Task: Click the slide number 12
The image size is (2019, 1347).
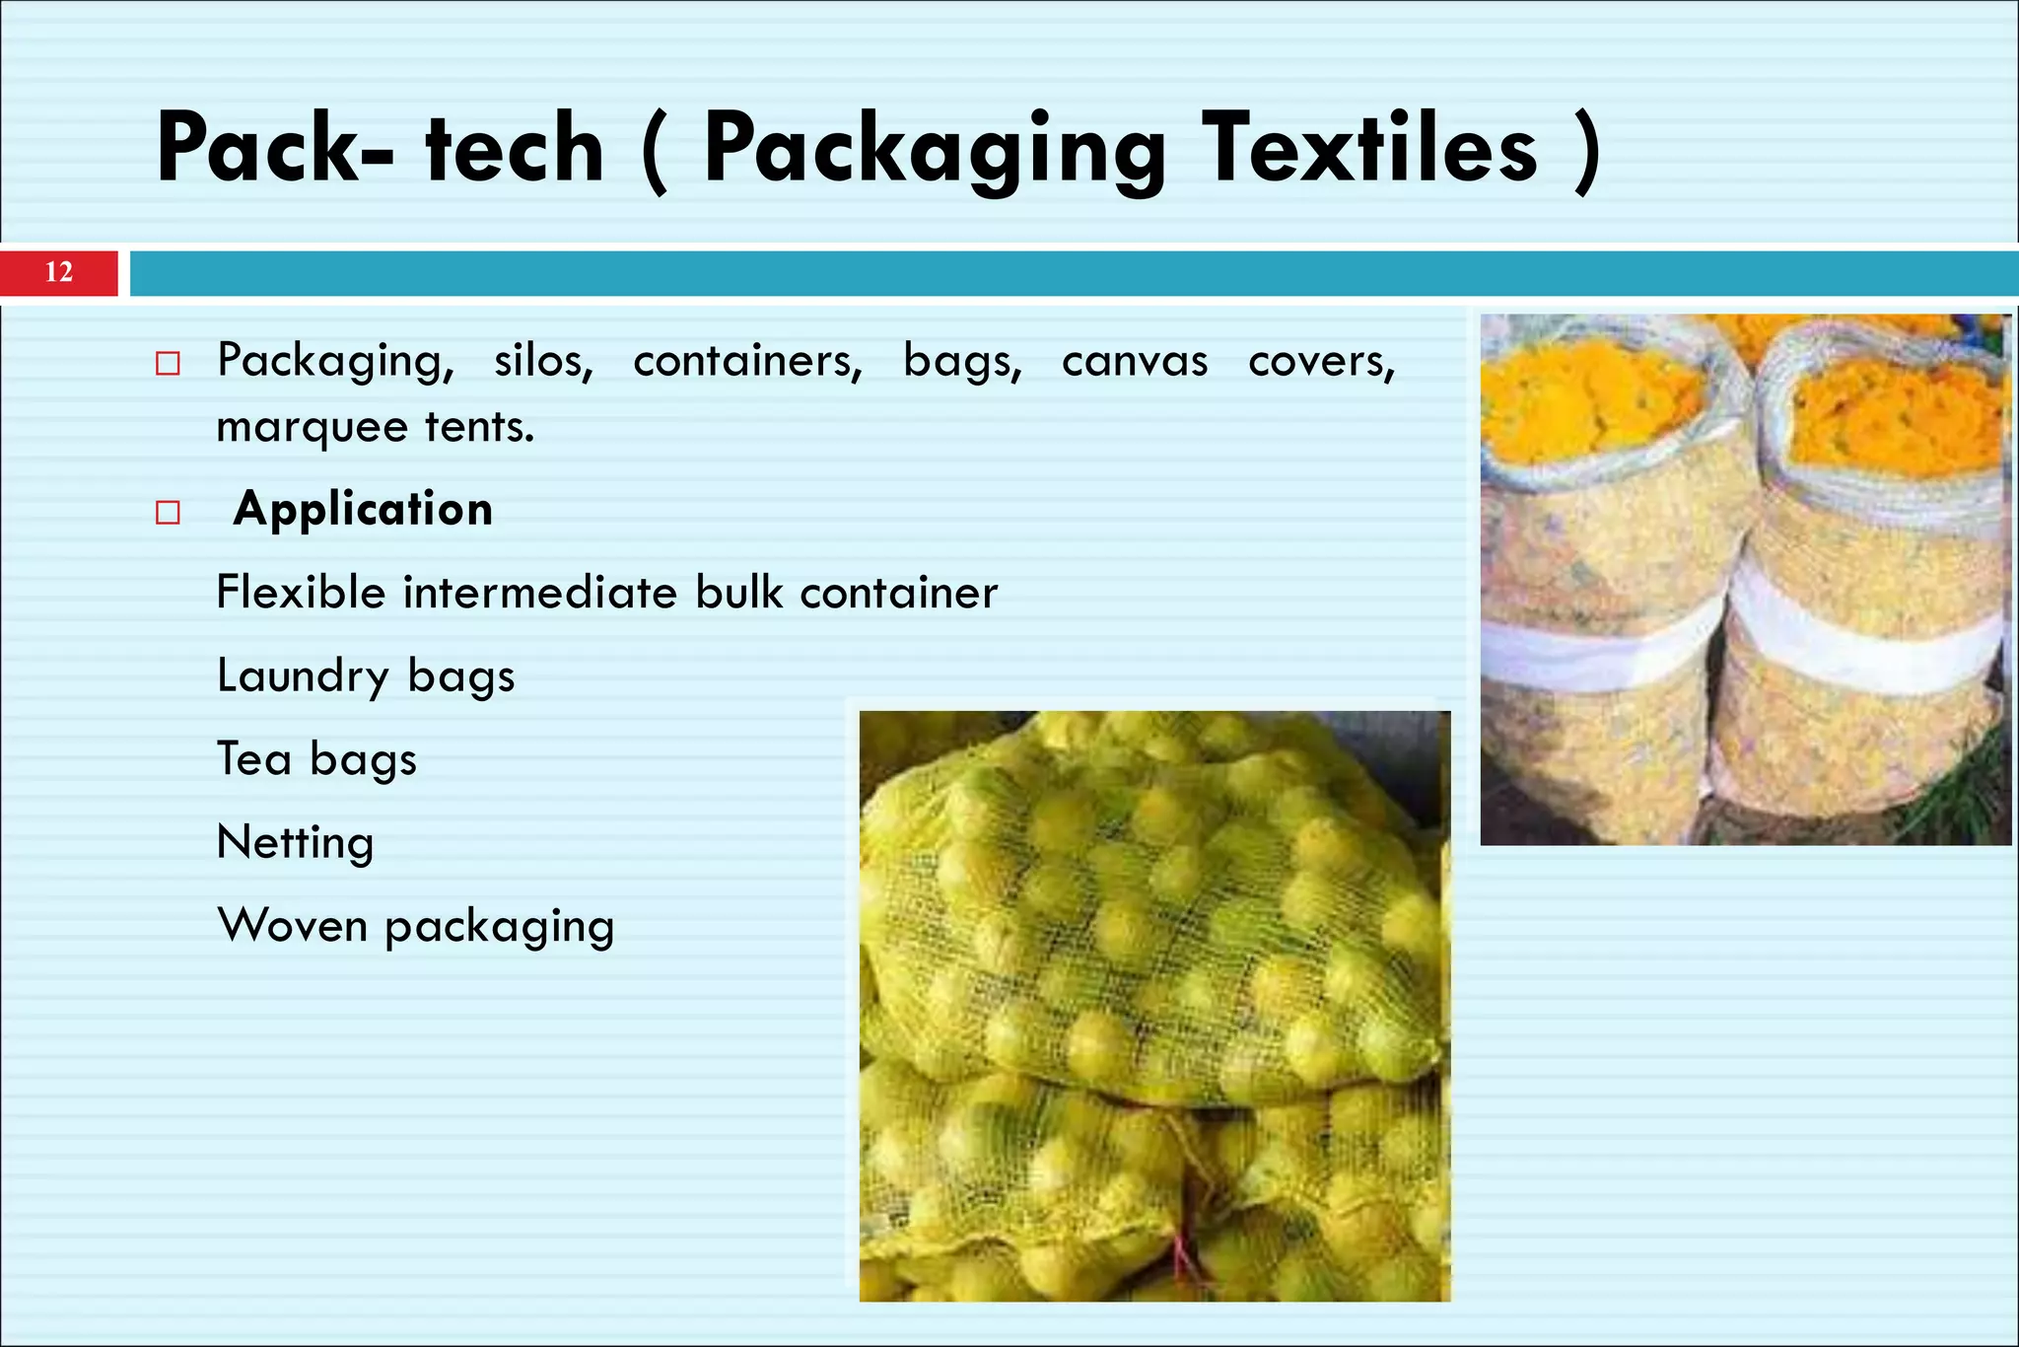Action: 59,272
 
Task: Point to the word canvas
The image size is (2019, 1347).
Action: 1134,361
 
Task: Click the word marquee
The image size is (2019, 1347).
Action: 312,428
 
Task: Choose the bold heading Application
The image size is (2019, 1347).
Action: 363,509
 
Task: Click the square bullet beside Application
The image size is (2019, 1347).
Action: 168,513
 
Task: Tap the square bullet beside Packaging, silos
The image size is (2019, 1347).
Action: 168,364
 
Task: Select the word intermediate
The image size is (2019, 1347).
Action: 540,593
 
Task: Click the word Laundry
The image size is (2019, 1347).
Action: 303,677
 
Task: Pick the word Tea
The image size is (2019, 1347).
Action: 253,759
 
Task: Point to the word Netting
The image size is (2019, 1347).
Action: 295,844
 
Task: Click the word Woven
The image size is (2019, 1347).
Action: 292,926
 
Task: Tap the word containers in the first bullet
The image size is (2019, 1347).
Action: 747,361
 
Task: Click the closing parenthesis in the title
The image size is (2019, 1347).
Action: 1587,150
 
